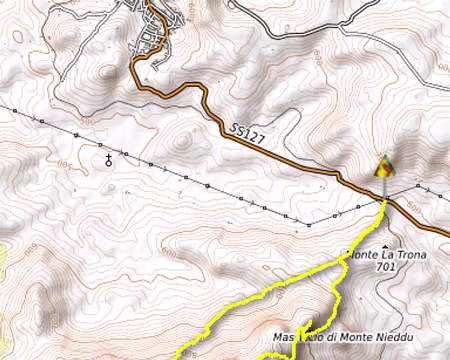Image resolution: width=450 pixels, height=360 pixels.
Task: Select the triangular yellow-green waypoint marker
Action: click(x=382, y=166)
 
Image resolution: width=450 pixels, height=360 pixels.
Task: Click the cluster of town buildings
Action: click(x=155, y=35)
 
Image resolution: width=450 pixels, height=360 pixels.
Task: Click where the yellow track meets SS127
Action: click(x=384, y=199)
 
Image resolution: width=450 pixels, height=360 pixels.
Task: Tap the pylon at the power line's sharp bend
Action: click(x=309, y=221)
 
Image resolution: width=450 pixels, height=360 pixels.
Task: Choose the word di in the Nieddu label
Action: click(x=330, y=337)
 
